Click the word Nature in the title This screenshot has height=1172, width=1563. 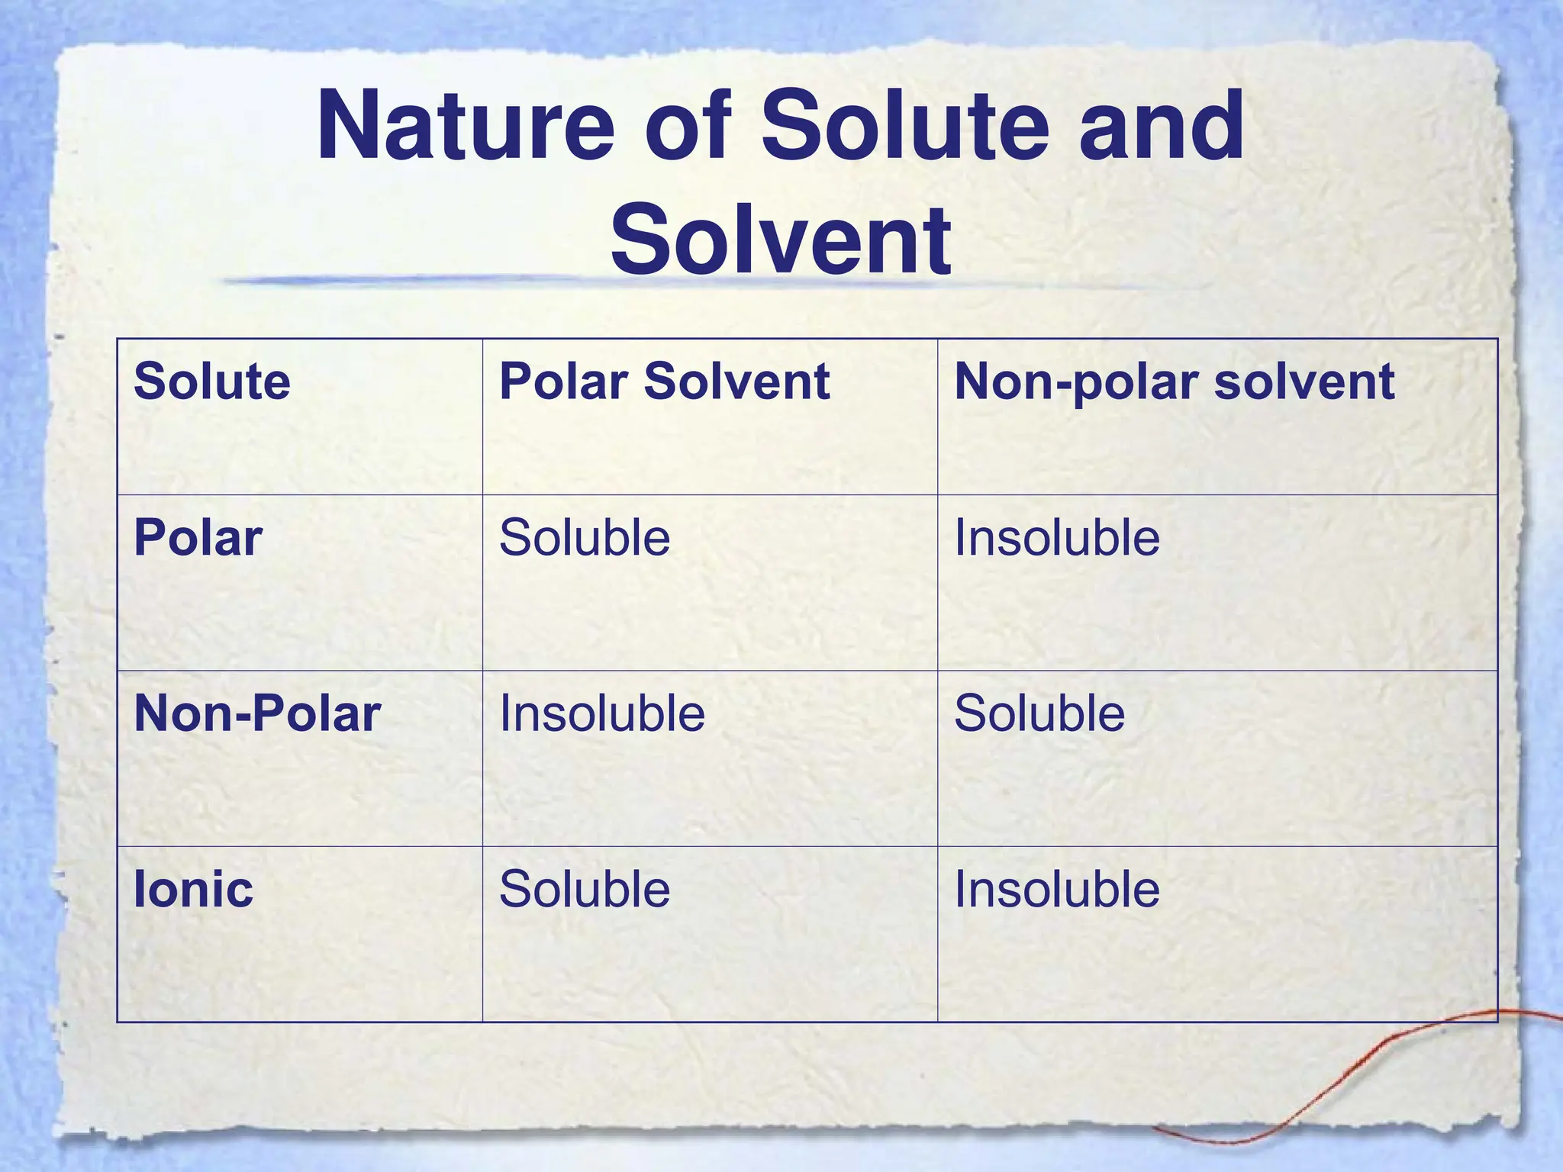(466, 126)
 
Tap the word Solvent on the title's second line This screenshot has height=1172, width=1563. (780, 239)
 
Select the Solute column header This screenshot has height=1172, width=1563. (212, 381)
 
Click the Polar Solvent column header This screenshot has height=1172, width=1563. (664, 381)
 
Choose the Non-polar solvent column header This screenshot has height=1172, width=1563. (1174, 381)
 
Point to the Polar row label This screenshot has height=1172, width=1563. (198, 538)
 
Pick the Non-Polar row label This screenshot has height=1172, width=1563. (257, 714)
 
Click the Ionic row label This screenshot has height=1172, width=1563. (193, 890)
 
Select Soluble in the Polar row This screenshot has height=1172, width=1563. (585, 538)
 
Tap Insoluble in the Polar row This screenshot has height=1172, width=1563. (1057, 538)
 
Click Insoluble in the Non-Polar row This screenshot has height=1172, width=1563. (602, 714)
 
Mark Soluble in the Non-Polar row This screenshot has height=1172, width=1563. (1039, 714)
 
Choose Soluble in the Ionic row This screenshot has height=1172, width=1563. (585, 890)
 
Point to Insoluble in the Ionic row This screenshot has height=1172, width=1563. (1057, 890)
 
